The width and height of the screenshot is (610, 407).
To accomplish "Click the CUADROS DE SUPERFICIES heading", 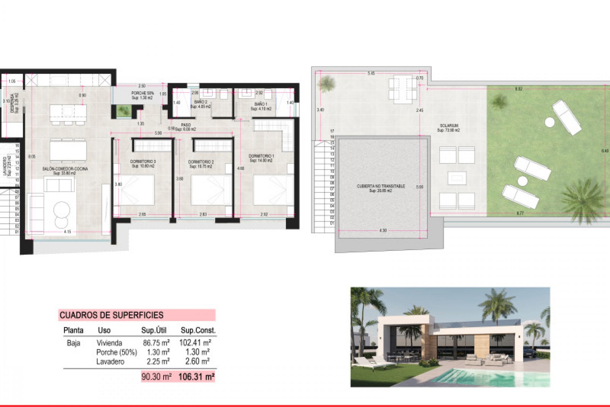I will pyautogui.click(x=112, y=315).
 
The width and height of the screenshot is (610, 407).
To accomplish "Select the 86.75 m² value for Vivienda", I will pyautogui.click(x=156, y=343).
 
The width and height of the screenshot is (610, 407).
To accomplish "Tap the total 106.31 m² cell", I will pyautogui.click(x=196, y=377).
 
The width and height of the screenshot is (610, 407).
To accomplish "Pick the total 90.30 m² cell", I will pyautogui.click(x=156, y=377).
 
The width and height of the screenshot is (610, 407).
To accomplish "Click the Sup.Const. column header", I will pyautogui.click(x=198, y=330).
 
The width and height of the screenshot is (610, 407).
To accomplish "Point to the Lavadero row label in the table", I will pyautogui.click(x=110, y=362).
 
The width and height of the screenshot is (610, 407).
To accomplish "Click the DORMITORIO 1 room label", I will pyautogui.click(x=261, y=156).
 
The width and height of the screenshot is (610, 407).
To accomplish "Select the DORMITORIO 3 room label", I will pyautogui.click(x=143, y=162).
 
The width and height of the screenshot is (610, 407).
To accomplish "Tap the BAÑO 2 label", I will pyautogui.click(x=200, y=102).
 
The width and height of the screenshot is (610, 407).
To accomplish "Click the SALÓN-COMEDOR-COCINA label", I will pyautogui.click(x=65, y=169).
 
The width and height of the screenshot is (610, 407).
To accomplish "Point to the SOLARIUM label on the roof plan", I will pyautogui.click(x=448, y=126).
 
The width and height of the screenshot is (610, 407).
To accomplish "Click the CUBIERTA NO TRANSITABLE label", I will pyautogui.click(x=381, y=186).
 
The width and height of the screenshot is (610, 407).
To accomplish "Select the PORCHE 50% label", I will pyautogui.click(x=142, y=93).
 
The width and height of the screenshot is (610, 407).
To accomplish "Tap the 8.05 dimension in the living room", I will pyautogui.click(x=32, y=156).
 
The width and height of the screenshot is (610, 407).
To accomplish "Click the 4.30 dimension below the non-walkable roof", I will pyautogui.click(x=383, y=230).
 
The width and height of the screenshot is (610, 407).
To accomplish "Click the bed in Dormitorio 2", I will pyautogui.click(x=210, y=190).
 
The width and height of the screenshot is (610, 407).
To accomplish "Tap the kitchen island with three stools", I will pyautogui.click(x=68, y=112).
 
